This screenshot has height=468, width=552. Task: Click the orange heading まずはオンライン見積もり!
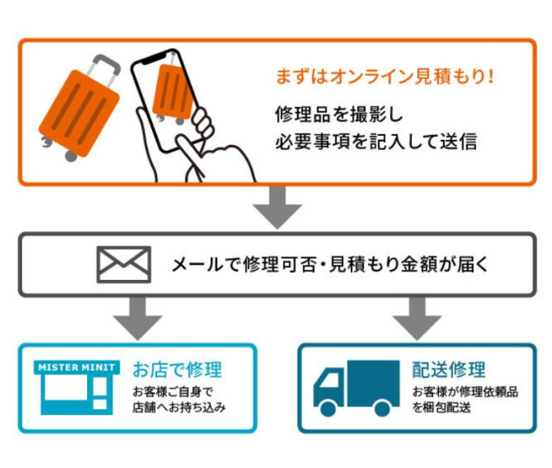coord(384,77)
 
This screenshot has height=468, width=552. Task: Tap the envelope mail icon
coord(124,265)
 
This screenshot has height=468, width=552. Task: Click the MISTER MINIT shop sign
coord(77,367)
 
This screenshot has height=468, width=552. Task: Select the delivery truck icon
coord(357,388)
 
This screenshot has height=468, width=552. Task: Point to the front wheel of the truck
coord(328,409)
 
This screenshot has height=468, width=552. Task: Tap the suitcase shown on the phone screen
coord(173,92)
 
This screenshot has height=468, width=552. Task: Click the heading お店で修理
coord(177,370)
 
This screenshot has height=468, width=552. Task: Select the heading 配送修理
coord(449,370)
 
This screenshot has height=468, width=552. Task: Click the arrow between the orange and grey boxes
coord(277,208)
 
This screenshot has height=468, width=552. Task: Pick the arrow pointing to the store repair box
coord(138,319)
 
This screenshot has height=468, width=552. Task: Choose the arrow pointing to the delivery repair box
coord(417,319)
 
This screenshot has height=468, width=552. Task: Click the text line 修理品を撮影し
coord(339,115)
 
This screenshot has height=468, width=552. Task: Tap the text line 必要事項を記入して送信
coord(376,142)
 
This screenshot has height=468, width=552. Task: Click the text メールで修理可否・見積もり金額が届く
coord(330,265)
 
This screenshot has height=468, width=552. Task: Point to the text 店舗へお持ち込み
coord(179,407)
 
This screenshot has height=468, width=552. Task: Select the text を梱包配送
coord(441,407)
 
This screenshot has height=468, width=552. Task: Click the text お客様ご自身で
coord(173,391)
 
